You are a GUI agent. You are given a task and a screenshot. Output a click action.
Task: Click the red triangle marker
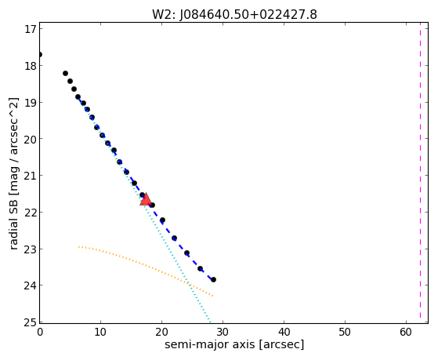(146, 199)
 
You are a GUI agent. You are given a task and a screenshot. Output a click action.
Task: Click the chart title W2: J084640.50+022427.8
(234, 15)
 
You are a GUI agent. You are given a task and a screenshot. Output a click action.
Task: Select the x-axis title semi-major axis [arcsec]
(234, 344)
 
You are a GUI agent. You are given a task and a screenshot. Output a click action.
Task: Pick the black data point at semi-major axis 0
(40, 54)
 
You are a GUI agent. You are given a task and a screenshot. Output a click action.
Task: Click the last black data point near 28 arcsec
(213, 279)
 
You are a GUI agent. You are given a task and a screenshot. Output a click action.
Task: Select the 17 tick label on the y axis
(31, 29)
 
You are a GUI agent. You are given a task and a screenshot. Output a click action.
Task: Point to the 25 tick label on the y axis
(31, 322)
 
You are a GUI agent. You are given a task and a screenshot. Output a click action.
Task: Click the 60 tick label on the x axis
(406, 332)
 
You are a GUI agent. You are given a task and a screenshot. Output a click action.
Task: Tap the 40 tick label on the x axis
(284, 332)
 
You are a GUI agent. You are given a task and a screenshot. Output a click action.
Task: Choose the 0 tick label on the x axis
(40, 332)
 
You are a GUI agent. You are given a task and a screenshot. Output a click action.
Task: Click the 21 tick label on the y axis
(31, 176)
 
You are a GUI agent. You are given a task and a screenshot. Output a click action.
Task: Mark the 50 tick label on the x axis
(345, 332)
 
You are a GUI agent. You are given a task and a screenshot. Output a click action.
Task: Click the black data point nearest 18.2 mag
(65, 73)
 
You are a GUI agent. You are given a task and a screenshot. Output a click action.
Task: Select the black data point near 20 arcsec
(162, 220)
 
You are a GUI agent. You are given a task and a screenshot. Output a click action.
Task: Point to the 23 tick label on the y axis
(31, 249)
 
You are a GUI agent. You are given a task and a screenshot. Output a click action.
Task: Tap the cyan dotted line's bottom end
(210, 322)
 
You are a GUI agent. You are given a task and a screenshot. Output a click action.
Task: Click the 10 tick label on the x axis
(100, 332)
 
